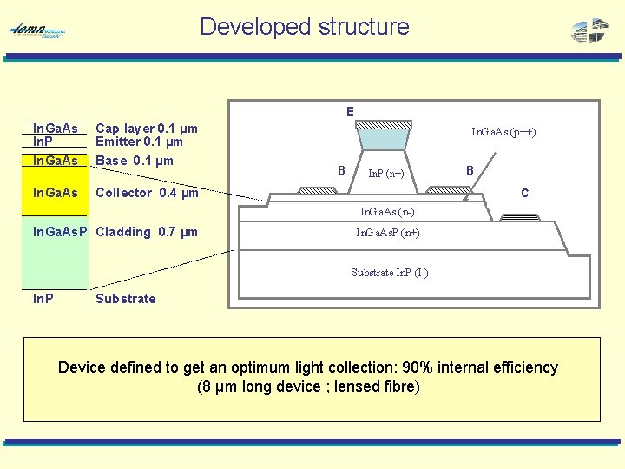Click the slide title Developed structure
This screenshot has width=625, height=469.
pyautogui.click(x=304, y=27)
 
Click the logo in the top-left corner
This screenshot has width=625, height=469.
pyautogui.click(x=37, y=31)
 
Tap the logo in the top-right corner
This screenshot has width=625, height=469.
pyautogui.click(x=590, y=30)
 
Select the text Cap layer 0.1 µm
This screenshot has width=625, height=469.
pyautogui.click(x=146, y=128)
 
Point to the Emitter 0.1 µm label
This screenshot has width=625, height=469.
pyautogui.click(x=139, y=142)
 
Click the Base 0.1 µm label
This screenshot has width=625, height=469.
pyautogui.click(x=135, y=160)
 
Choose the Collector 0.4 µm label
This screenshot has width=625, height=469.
pyautogui.click(x=147, y=193)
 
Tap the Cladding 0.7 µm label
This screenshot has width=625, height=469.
pyautogui.click(x=147, y=232)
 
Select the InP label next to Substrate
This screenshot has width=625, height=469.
pyautogui.click(x=43, y=299)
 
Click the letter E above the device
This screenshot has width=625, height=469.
pyautogui.click(x=350, y=111)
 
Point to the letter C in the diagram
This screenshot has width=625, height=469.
pyautogui.click(x=524, y=193)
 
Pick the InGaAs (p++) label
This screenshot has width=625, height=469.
pyautogui.click(x=503, y=132)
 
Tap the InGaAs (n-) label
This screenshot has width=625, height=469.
pyautogui.click(x=387, y=211)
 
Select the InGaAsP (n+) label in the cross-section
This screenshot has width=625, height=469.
pyautogui.click(x=388, y=233)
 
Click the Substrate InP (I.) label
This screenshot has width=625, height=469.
pyautogui.click(x=389, y=273)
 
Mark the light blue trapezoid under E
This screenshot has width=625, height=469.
pyautogui.click(x=383, y=138)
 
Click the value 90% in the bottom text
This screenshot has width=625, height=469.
pyautogui.click(x=405, y=367)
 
